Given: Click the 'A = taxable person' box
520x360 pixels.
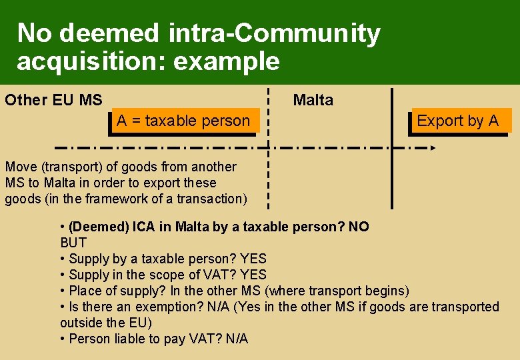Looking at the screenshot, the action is point(183,121).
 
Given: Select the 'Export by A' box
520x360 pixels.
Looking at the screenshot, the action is point(458,121).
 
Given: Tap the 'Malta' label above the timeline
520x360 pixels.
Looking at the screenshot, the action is point(313,101).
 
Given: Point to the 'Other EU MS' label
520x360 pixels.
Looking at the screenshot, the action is point(54,101).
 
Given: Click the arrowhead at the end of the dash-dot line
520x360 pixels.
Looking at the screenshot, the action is point(432,147).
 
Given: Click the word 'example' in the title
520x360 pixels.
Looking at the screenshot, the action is point(226,61).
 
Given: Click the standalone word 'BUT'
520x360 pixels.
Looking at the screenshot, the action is point(73,243).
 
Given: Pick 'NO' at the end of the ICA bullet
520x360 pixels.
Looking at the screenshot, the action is point(359,227).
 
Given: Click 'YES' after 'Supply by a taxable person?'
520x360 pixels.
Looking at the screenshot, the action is point(253,259).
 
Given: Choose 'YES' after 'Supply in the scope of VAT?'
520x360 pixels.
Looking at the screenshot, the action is point(253,275).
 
